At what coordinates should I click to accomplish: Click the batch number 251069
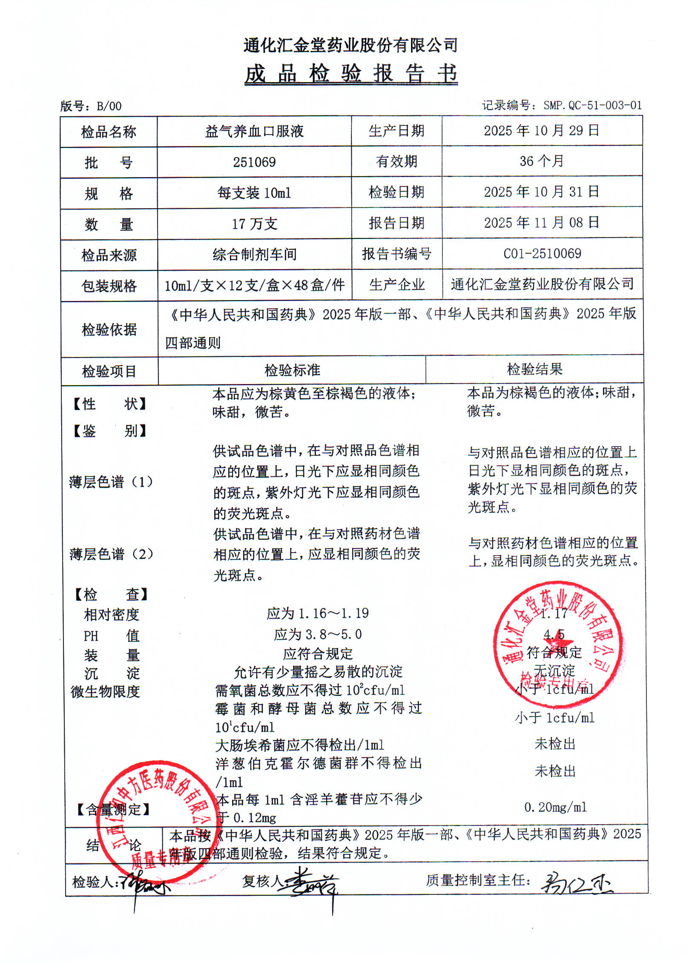pos(254,162)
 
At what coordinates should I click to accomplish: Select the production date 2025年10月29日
pos(541,131)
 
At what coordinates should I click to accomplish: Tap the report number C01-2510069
pos(542,254)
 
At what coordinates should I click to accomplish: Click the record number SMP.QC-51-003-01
pos(562,105)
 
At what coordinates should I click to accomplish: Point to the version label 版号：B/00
pos(91,106)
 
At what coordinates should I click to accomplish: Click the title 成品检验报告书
pos(351,74)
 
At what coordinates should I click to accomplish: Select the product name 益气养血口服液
pos(254,132)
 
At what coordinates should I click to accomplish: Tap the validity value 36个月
pos(541,161)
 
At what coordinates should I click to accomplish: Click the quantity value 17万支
pos(254,224)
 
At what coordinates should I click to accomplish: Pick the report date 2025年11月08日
pos(541,222)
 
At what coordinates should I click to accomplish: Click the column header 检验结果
pos(534,369)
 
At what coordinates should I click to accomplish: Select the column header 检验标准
pos(292,370)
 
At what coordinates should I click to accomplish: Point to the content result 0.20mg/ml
pos(555,807)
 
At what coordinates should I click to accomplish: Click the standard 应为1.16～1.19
pos(318,613)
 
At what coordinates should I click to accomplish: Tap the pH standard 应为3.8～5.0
pos(318,634)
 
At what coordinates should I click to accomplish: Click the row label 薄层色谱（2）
pos(111,554)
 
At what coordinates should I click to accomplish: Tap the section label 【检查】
pos(111,594)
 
